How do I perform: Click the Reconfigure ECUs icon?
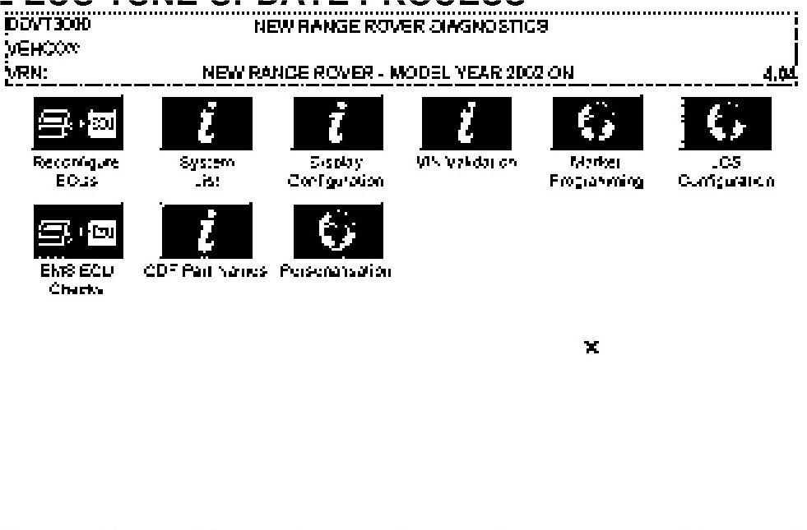[75, 123]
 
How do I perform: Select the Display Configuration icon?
[337, 123]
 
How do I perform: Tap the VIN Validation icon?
[466, 123]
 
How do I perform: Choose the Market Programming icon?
[596, 123]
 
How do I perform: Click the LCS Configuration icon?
[726, 123]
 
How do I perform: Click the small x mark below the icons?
[591, 348]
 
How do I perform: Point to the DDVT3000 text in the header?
[48, 25]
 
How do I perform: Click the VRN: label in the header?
[26, 72]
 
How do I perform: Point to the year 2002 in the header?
[526, 72]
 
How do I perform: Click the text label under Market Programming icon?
[596, 172]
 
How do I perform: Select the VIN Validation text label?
[466, 163]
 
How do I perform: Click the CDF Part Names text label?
[206, 270]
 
